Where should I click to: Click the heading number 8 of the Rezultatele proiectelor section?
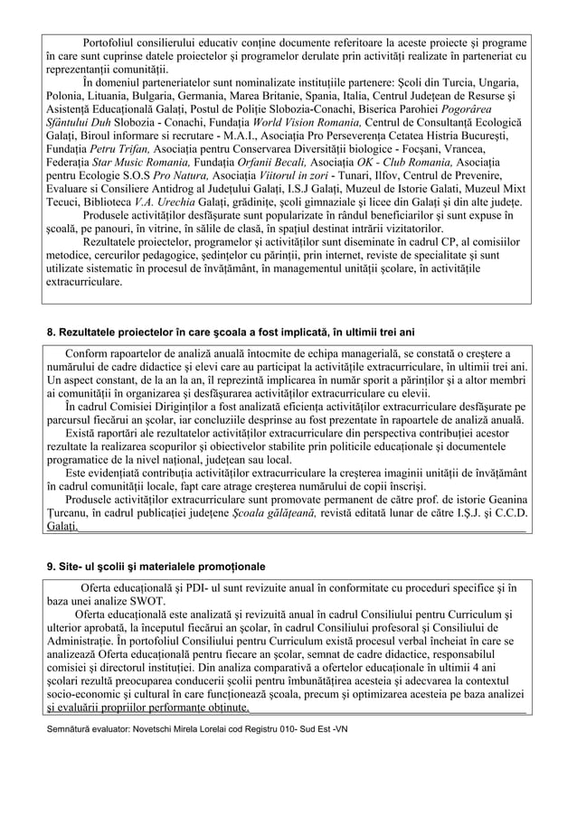tap(52, 333)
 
